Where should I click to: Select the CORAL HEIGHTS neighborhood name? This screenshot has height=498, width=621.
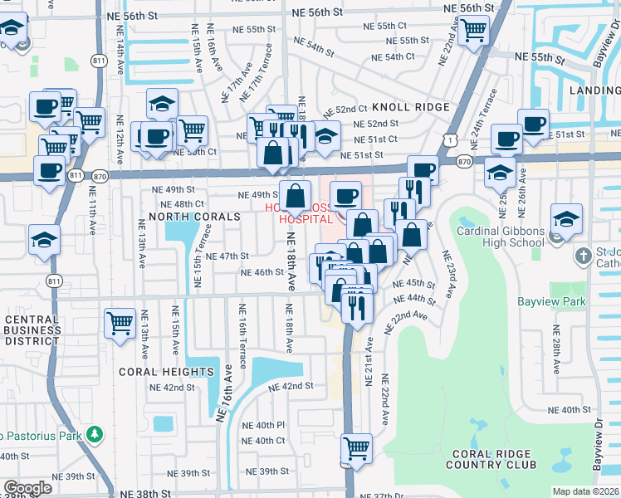pos(166,372)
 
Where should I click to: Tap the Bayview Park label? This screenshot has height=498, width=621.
pos(551,302)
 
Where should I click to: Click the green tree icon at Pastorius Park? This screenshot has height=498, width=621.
pos(95,434)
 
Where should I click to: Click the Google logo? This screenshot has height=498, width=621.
pos(27,488)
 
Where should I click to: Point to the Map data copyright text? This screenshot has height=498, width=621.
pos(585,491)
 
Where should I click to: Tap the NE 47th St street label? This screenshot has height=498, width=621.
pos(227,256)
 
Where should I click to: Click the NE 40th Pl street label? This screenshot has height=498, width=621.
pos(263,425)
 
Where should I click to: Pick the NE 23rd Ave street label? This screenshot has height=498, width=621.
pos(449,275)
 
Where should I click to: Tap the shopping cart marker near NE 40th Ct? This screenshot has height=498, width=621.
pos(356,448)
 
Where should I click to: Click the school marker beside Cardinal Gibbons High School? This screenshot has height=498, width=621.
pos(566,219)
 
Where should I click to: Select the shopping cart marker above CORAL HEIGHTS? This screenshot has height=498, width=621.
pos(120,323)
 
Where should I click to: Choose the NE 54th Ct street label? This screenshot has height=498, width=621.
pos(393,56)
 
